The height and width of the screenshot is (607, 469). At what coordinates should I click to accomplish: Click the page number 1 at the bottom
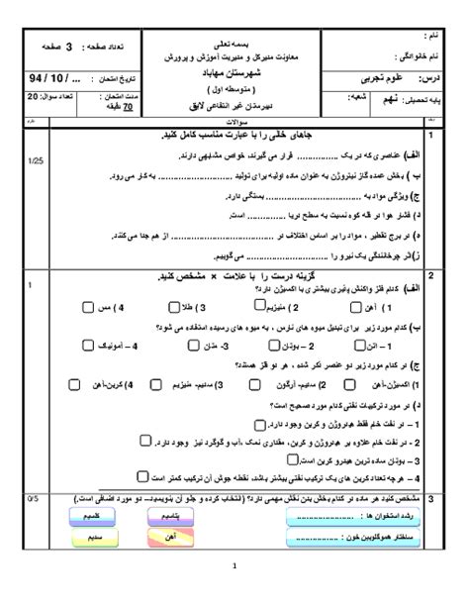tap(234, 594)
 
